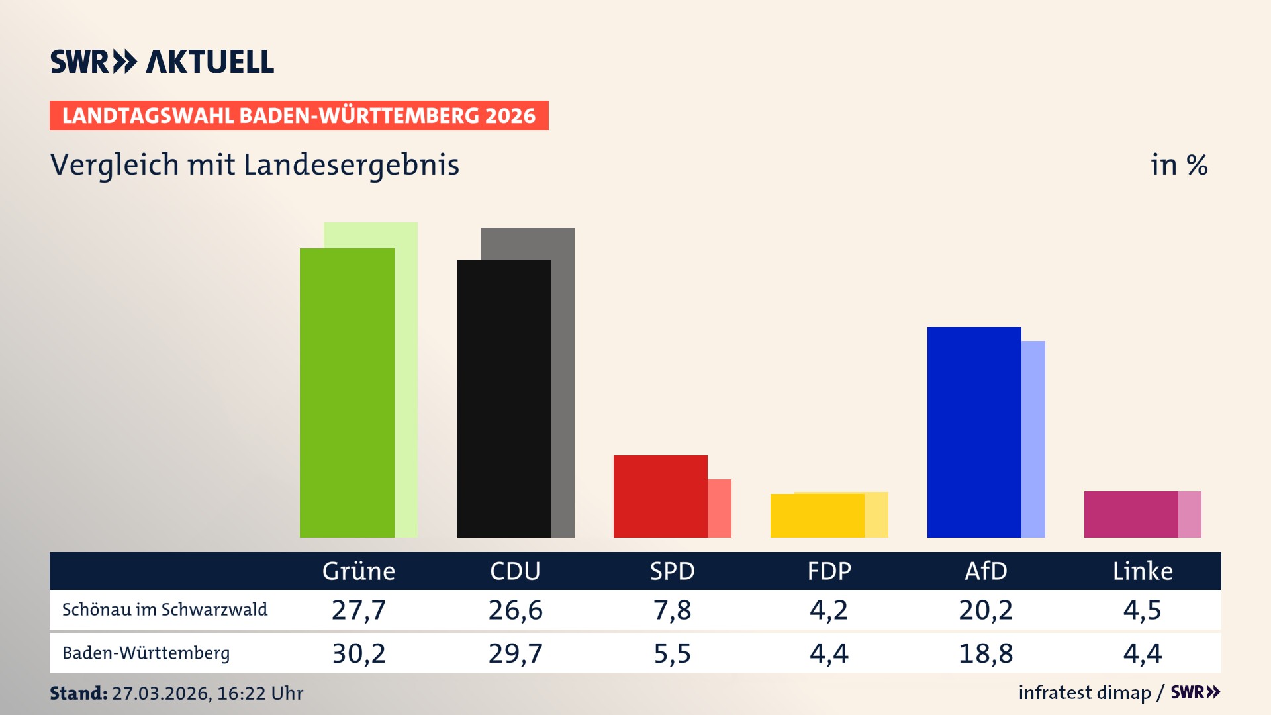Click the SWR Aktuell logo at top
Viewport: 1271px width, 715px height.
tap(162, 62)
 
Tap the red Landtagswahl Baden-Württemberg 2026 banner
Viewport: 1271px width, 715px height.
tap(299, 116)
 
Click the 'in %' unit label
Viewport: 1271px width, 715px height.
tap(1178, 166)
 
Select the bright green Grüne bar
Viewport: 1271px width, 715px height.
tap(346, 393)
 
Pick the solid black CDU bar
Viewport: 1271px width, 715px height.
tap(503, 398)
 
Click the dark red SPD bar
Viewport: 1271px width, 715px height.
tap(660, 496)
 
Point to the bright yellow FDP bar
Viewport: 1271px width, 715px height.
tap(817, 515)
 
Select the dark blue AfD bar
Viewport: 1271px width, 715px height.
tap(974, 432)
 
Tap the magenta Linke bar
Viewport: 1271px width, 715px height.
tap(1131, 514)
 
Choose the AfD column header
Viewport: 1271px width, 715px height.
tap(986, 571)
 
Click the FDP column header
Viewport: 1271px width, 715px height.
tap(829, 571)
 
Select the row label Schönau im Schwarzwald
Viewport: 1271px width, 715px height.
tap(165, 610)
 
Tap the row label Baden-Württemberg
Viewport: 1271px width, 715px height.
tap(146, 653)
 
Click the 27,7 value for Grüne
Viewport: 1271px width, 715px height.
tap(358, 610)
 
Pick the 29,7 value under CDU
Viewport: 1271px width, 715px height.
tap(515, 653)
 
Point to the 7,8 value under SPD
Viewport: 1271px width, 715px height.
tap(672, 610)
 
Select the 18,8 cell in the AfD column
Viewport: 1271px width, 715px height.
tap(986, 653)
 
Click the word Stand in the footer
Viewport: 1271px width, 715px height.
tap(78, 693)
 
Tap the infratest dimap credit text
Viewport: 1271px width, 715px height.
tap(1084, 692)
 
